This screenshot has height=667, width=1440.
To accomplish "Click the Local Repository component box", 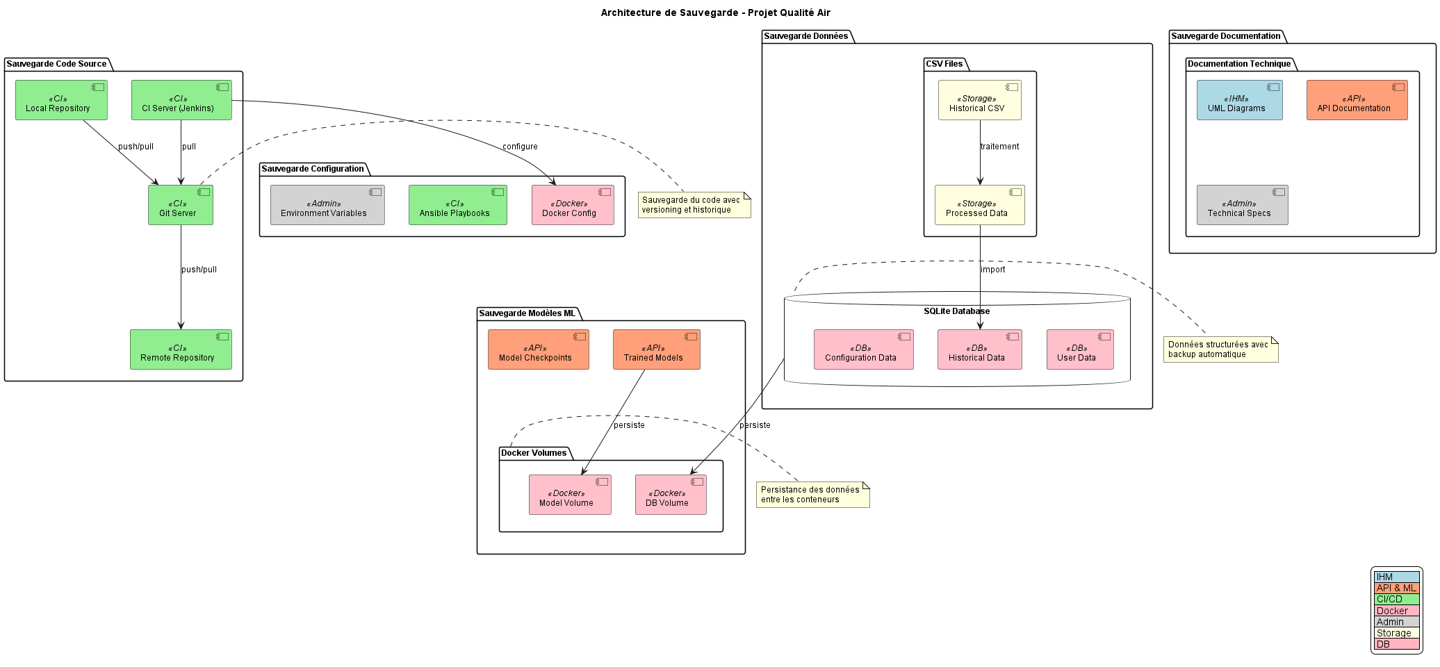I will [x=61, y=100].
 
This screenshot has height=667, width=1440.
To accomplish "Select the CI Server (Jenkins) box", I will [x=181, y=100].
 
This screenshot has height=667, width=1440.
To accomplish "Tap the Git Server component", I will [x=181, y=205].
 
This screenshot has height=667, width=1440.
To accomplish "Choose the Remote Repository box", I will [x=181, y=349].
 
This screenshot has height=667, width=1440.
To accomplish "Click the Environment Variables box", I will [x=327, y=205].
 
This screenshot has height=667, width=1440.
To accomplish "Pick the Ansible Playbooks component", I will [x=457, y=205].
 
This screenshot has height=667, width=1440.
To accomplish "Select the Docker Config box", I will [x=573, y=205].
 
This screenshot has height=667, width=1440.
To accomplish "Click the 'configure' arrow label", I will [x=520, y=147].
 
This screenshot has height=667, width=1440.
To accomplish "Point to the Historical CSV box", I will [x=979, y=100].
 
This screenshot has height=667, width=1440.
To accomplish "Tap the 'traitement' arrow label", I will [x=999, y=147].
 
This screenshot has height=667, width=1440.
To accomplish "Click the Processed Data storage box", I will [x=979, y=205].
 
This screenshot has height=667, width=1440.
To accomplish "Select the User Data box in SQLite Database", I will [x=1079, y=349].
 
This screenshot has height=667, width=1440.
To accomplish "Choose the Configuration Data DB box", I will [x=863, y=349].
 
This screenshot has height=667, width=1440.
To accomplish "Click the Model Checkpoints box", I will [x=538, y=349].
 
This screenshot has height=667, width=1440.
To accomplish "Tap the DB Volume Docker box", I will [x=670, y=495].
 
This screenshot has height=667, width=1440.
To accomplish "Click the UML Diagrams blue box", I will [x=1239, y=100].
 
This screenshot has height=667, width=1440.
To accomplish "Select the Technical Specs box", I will [x=1242, y=205].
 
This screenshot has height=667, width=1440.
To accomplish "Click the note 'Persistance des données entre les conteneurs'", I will [x=812, y=495].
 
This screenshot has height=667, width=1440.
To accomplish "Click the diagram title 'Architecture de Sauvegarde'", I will [x=715, y=13].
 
